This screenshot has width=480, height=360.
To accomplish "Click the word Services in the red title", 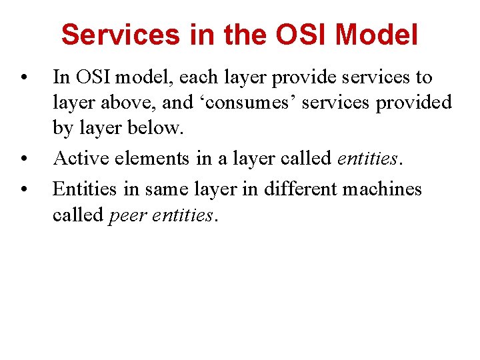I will [121, 35].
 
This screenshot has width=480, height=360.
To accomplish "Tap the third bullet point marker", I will [24, 189].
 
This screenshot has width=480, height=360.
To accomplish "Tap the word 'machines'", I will [382, 189].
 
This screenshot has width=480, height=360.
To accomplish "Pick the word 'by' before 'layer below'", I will [62, 128].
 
